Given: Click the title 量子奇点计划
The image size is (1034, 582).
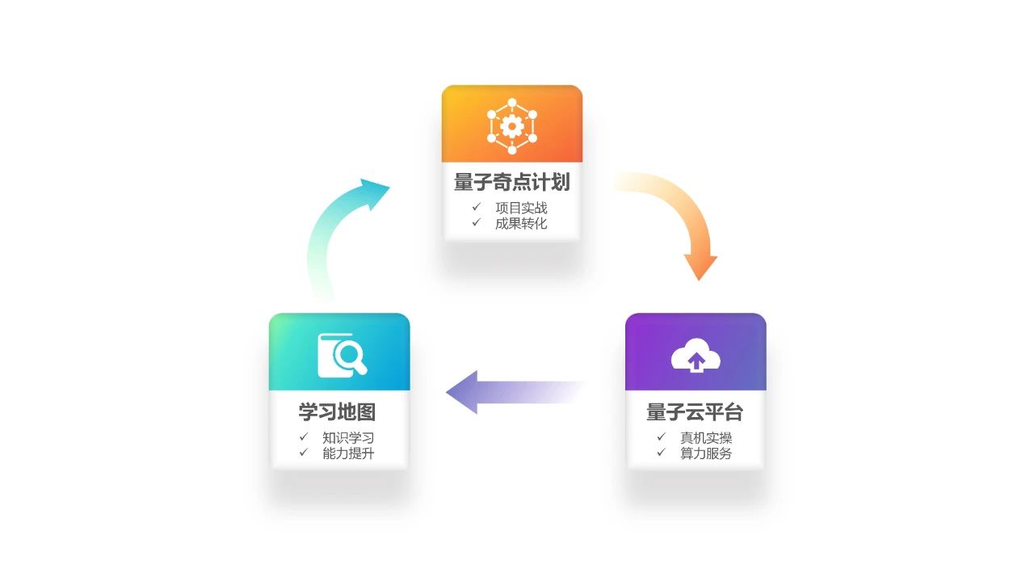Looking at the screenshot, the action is pos(511,182).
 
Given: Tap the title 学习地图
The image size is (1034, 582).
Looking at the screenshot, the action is pos(337,411).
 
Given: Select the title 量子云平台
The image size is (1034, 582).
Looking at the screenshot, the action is pos(695,411).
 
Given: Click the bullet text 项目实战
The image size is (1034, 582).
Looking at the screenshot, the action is pos(521,208).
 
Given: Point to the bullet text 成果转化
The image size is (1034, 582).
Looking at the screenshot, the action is pos(521,224).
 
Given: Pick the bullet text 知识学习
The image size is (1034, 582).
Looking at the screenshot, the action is pos(348,437).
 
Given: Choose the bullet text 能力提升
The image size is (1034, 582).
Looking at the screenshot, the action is pos(348,453).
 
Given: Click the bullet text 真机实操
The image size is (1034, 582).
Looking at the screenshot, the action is pos(706,437).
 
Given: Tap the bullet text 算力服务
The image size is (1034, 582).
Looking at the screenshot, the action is pos(706,453).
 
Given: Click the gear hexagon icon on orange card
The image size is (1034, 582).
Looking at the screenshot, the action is pos(512,125).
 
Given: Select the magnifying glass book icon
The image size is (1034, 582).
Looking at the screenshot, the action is pos(342,355).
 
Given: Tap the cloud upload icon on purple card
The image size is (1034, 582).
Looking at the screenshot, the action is pos(696,355).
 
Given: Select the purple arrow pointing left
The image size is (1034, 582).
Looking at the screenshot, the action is pos(515,392).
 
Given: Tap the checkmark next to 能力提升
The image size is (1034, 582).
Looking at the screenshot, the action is pos(303,452).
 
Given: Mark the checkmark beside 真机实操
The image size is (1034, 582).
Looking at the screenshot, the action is pos(661,436).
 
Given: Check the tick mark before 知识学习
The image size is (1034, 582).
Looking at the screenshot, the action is pos(303,436).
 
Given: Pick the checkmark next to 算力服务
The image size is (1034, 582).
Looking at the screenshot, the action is pos(661,452).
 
